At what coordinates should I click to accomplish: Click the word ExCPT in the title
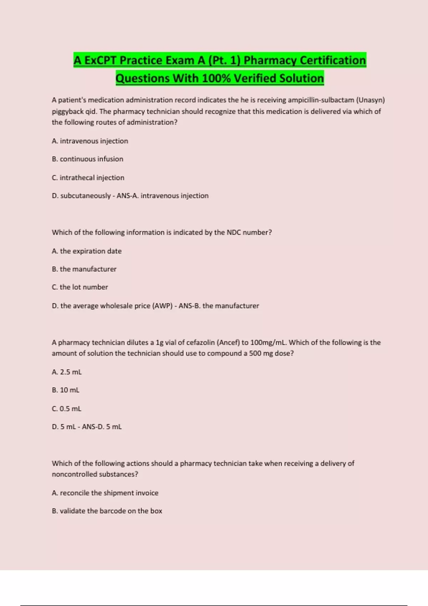(x=100, y=60)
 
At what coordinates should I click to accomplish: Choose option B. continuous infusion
(x=87, y=159)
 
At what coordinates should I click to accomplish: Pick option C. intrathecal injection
(x=88, y=178)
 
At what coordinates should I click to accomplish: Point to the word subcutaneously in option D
(x=86, y=196)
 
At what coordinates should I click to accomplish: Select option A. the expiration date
(x=87, y=251)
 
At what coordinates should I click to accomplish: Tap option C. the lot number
(x=80, y=287)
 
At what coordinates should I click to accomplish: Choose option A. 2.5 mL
(x=67, y=372)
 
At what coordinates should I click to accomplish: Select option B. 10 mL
(x=66, y=390)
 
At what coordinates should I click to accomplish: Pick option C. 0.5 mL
(x=67, y=409)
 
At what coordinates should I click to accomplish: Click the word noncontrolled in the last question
(x=74, y=474)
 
